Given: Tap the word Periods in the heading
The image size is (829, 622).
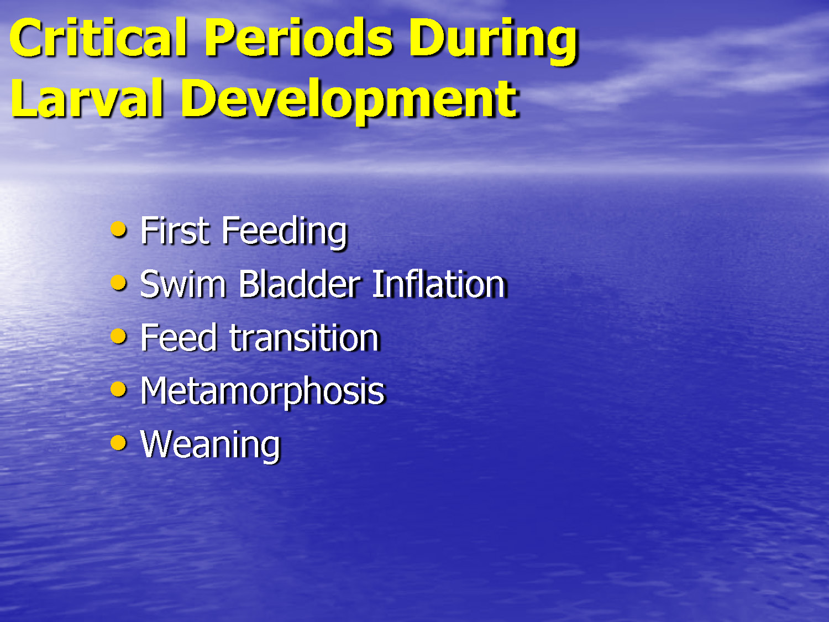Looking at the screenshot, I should (x=298, y=39).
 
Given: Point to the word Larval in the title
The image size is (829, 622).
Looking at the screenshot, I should (x=87, y=100).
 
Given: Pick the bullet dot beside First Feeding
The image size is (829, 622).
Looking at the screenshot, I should (x=118, y=229).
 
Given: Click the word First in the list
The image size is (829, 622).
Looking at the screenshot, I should (x=175, y=231).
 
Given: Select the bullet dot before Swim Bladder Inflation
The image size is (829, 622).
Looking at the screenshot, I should (x=118, y=283).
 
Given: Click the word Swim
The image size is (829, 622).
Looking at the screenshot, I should (x=183, y=285).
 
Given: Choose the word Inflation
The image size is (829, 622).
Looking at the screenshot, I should (x=439, y=285).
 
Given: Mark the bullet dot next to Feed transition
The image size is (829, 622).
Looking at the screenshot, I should (x=118, y=336).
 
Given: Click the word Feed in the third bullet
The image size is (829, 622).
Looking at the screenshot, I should (x=179, y=338).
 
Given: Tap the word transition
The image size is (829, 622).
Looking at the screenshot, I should (x=304, y=338).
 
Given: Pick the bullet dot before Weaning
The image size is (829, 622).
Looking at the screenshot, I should (x=118, y=443).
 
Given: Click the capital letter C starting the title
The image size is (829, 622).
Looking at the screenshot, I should (x=26, y=39).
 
